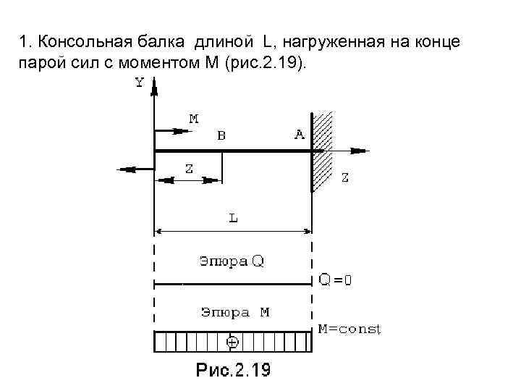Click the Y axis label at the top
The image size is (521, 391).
139,83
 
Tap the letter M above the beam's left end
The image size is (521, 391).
193,118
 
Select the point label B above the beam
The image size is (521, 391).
221,135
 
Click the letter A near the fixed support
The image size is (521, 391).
299,135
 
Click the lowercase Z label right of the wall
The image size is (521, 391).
345,177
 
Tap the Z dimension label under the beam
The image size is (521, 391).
188,169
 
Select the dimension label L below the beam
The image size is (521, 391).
234,217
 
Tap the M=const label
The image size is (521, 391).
350,329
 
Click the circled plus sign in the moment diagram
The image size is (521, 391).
232,340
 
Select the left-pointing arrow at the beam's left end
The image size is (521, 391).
129,169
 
